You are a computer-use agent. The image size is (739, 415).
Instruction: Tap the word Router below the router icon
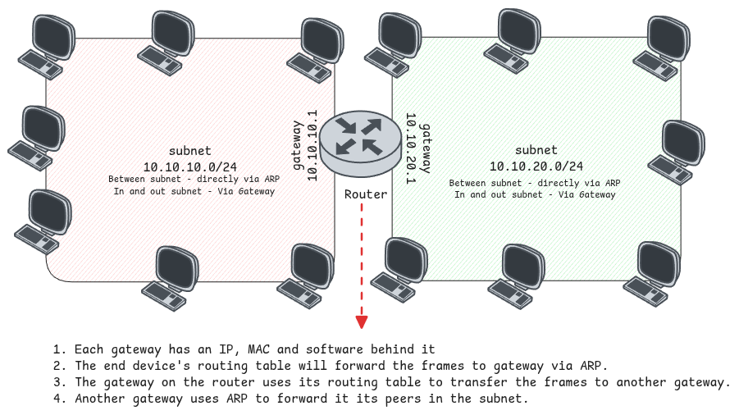[366, 194]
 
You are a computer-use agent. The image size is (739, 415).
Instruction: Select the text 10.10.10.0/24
[190, 166]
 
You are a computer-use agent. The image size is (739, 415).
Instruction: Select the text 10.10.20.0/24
[536, 166]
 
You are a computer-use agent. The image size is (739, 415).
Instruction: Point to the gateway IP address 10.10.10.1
[312, 145]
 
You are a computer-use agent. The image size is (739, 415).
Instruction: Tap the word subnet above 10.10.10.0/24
[190, 151]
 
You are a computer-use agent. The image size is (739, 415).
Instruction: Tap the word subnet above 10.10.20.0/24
[536, 151]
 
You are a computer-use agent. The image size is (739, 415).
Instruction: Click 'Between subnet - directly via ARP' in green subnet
[535, 183]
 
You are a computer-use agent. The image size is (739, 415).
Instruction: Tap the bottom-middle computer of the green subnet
[518, 270]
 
